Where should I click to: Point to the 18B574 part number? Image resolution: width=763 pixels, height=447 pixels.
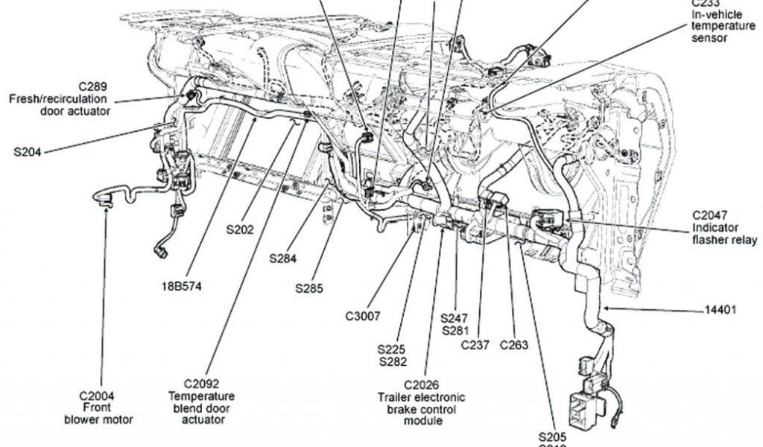point(182,285)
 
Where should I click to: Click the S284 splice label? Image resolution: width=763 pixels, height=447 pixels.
point(283,259)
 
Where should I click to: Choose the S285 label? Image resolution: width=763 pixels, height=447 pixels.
point(308,287)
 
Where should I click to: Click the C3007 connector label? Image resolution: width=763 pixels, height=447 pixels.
point(363,316)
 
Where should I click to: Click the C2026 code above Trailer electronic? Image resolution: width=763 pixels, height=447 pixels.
point(425,384)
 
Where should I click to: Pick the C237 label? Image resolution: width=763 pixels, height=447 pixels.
point(475,344)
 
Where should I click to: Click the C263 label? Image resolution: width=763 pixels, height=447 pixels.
point(514,344)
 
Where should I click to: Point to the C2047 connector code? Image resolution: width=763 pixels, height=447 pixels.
point(714,215)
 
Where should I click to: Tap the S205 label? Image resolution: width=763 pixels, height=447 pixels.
point(553,436)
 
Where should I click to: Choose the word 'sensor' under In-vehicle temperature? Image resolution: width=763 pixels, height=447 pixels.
point(709,38)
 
